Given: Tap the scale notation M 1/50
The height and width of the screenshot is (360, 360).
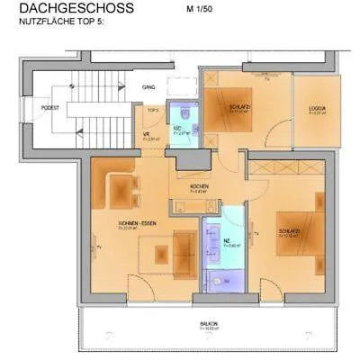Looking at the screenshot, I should click(x=201, y=9).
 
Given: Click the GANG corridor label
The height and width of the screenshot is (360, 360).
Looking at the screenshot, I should click(x=148, y=87).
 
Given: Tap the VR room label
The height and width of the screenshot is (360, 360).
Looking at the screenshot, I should click(x=147, y=136).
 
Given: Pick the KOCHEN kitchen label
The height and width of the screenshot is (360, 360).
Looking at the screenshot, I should click(x=200, y=185).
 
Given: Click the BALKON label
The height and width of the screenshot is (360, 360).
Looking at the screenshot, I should click(x=209, y=323).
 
